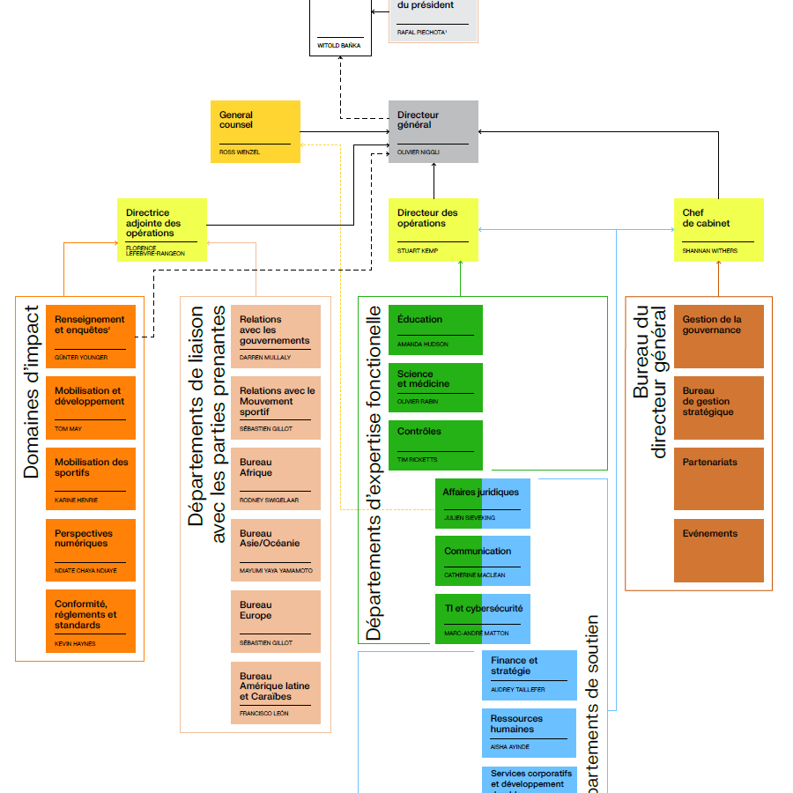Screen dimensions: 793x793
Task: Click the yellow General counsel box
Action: (255, 131)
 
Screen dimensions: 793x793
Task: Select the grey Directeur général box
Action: (434, 131)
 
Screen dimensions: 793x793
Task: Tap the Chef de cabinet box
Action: (719, 230)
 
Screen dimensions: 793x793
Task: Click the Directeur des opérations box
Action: (434, 230)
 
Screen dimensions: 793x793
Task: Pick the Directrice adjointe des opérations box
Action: (162, 230)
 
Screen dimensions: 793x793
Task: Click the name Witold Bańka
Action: (339, 45)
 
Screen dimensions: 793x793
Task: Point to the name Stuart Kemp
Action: (418, 251)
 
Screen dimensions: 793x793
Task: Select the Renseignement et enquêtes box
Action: (91, 337)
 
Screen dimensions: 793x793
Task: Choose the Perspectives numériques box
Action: (91, 550)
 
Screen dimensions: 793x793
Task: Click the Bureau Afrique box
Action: (276, 478)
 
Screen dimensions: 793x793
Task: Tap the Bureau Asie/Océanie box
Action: (276, 550)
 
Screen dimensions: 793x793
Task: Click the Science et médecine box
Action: (435, 386)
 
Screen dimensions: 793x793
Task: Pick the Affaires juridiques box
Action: (483, 503)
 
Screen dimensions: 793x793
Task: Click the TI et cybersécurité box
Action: (483, 619)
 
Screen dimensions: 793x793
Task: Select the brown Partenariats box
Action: (719, 478)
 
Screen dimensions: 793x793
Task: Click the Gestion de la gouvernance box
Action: (719, 337)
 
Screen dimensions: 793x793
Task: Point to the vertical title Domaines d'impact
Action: (32, 392)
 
